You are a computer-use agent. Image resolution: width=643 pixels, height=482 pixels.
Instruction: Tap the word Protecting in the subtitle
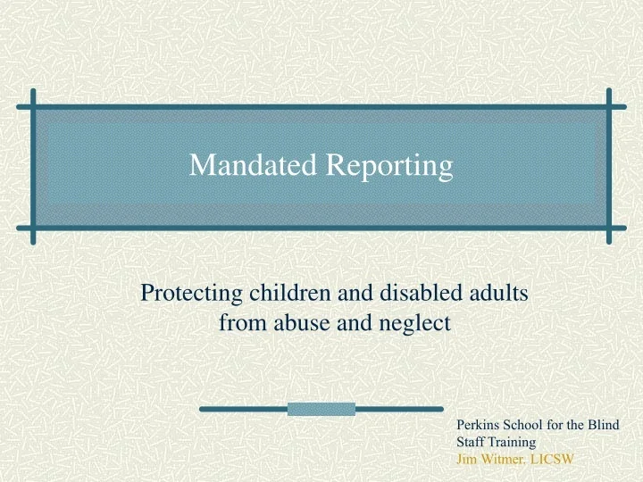pyautogui.click(x=186, y=294)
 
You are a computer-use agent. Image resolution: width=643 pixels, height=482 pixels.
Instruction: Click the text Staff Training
pyautogui.click(x=495, y=442)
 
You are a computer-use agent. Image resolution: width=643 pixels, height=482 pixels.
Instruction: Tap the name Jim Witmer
pyautogui.click(x=486, y=459)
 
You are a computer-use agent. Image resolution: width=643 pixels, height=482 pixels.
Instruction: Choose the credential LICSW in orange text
pyautogui.click(x=552, y=459)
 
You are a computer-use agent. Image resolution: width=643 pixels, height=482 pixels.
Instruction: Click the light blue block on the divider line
pyautogui.click(x=321, y=410)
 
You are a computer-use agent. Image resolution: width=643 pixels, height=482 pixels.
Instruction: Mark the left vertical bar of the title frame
pyautogui.click(x=33, y=165)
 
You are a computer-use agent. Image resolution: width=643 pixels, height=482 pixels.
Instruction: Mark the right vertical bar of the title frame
pyautogui.click(x=609, y=165)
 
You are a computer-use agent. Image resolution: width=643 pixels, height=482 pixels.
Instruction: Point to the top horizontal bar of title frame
pyautogui.click(x=321, y=105)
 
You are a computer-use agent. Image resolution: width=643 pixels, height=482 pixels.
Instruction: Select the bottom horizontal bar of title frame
pyautogui.click(x=321, y=226)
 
